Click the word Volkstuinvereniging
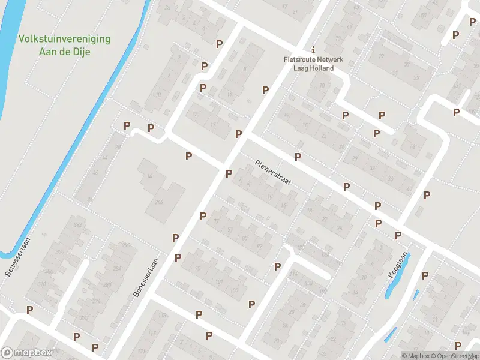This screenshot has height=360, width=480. (64, 39)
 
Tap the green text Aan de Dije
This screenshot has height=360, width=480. (65, 51)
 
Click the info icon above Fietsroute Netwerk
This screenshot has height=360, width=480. (313, 50)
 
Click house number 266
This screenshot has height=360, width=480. (158, 203)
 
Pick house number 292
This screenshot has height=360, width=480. (77, 225)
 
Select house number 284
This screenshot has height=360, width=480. (116, 268)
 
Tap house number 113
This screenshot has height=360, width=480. (161, 314)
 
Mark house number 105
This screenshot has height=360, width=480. (233, 290)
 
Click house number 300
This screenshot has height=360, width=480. (47, 272)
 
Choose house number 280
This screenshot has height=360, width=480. (107, 285)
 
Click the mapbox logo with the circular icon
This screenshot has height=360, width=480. (26, 353)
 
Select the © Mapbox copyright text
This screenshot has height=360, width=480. (416, 356)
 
